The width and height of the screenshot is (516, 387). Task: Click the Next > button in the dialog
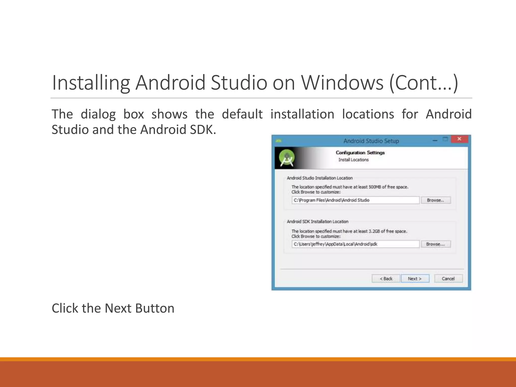(x=415, y=278)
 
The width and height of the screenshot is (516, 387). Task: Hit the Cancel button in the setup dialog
(x=448, y=278)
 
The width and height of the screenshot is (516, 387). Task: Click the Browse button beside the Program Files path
(x=436, y=200)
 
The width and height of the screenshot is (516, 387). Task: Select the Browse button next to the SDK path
(x=435, y=244)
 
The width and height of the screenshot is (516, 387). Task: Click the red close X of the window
(x=459, y=139)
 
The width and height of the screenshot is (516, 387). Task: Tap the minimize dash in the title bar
(x=435, y=140)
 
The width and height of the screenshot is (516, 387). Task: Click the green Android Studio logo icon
(x=287, y=158)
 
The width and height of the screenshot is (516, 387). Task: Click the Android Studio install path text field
(x=355, y=200)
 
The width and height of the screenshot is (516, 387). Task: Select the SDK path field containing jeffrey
(x=355, y=244)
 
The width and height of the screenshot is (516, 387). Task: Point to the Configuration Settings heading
(x=360, y=152)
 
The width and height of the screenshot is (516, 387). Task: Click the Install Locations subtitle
(x=353, y=160)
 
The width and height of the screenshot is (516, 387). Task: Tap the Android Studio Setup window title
(x=371, y=141)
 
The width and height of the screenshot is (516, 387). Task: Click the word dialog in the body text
(x=98, y=114)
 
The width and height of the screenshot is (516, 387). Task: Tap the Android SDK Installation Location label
(x=317, y=221)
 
